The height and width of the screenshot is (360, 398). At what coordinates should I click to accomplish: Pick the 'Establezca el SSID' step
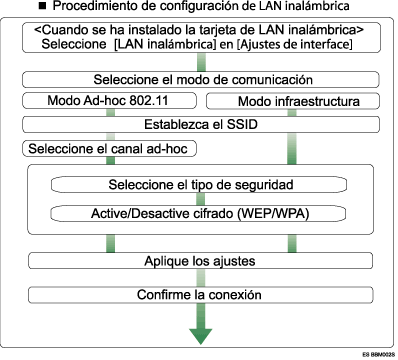[x=199, y=125]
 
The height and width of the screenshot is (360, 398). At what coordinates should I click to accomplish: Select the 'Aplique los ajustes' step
[x=199, y=260]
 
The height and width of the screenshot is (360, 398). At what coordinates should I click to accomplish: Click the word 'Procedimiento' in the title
[x=84, y=7]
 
